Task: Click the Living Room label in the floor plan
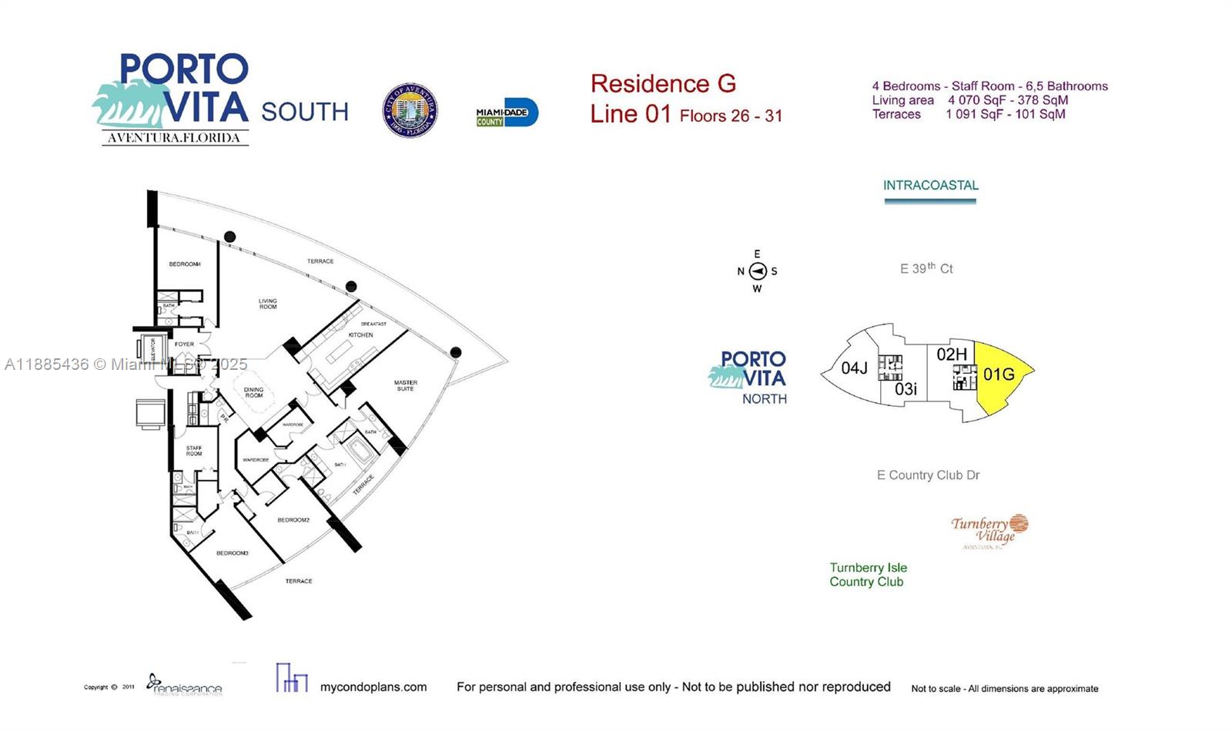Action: (267, 304)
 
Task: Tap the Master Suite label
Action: (405, 385)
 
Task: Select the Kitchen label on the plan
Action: (360, 335)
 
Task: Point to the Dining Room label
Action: (253, 392)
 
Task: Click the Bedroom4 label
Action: (185, 264)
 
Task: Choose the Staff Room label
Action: (194, 451)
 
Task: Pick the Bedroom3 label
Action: (232, 553)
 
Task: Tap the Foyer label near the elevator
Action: (184, 344)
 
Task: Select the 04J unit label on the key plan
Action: (854, 368)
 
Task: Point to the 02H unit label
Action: (952, 354)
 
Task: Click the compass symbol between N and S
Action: (758, 271)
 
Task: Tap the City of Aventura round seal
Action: (410, 110)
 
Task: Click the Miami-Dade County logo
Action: (507, 113)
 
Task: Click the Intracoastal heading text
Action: (930, 186)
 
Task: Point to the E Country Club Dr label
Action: (928, 475)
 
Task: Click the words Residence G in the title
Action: (663, 83)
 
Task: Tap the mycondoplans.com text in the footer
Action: (373, 687)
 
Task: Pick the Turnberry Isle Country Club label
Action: (868, 575)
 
